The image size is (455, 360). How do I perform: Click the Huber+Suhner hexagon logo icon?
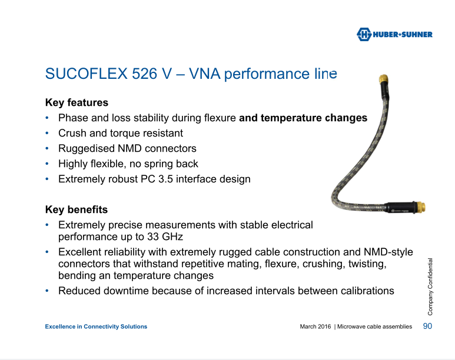(x=364, y=34)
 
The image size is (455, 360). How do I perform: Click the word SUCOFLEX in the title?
(x=86, y=74)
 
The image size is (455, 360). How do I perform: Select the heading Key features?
(x=77, y=102)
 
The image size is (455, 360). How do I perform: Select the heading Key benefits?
(x=77, y=209)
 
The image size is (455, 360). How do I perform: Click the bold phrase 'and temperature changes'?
(x=303, y=118)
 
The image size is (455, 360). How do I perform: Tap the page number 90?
(x=427, y=326)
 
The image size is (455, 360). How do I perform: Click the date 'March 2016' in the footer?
(x=315, y=326)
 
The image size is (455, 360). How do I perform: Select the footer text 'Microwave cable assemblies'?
(x=374, y=326)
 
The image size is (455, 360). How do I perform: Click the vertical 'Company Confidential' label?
(x=430, y=286)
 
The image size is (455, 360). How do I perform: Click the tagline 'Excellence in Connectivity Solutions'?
(x=96, y=326)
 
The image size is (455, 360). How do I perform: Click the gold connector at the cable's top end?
(x=383, y=79)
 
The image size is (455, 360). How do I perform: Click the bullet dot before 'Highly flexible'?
(x=47, y=164)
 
